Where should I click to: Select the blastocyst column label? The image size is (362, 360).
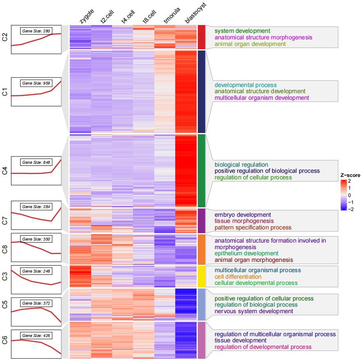195,13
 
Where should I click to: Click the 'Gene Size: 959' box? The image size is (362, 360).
36,83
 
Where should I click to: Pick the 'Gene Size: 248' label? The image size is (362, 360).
36,271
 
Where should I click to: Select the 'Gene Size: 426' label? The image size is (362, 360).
36,336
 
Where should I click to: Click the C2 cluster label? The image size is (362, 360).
5,37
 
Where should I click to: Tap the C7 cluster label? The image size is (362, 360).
5,220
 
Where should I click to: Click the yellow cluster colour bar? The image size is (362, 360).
202,276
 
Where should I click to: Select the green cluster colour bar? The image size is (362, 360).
202,170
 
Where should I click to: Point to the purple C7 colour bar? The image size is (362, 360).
202,220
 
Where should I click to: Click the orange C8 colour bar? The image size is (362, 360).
202,249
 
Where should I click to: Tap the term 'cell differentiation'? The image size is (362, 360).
238,277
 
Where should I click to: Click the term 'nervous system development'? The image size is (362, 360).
254,311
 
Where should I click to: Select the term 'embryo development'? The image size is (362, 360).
243,215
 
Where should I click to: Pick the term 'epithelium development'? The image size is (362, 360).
246,254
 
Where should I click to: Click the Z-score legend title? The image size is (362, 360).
350,175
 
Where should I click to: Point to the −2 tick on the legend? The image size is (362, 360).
351,209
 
